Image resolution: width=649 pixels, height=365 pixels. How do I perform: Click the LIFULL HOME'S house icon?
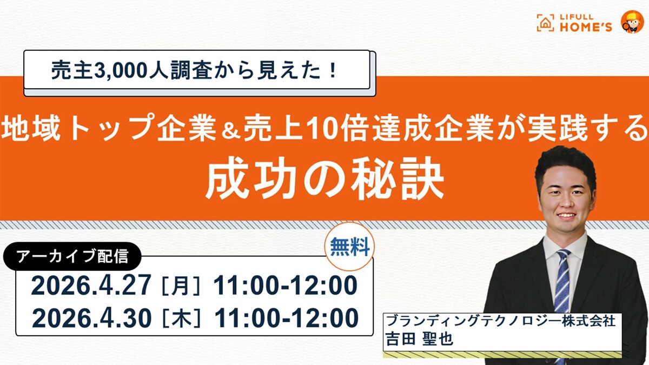click(x=545, y=23)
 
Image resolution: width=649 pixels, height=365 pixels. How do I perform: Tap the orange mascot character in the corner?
click(x=632, y=22)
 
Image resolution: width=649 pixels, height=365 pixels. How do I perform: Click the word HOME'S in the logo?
click(x=586, y=27)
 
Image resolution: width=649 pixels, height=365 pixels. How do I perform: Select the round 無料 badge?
click(x=349, y=247)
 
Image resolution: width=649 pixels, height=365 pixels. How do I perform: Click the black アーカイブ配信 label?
click(x=72, y=256)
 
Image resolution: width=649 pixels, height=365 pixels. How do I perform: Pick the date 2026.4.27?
click(x=91, y=286)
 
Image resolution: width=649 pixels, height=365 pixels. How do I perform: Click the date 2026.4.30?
click(x=92, y=318)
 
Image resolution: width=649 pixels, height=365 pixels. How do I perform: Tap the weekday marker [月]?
click(x=181, y=286)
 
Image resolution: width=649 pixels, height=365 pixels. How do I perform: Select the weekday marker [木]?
click(x=182, y=318)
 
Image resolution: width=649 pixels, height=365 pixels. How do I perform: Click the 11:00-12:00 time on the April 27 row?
click(x=286, y=286)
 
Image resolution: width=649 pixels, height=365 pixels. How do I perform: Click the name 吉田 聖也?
click(x=419, y=339)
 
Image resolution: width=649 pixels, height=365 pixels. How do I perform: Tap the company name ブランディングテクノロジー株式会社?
click(x=501, y=321)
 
